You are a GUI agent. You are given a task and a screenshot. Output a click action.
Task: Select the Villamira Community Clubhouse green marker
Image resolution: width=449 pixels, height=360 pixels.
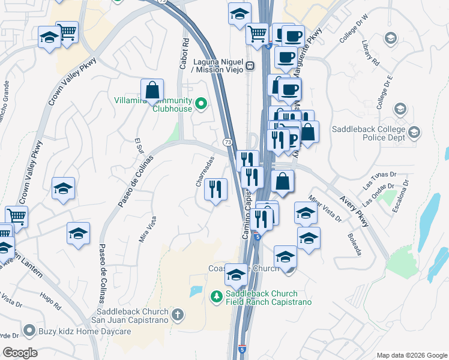click(x=202, y=105)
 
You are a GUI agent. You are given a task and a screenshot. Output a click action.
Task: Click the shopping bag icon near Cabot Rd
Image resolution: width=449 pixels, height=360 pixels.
click(x=152, y=90)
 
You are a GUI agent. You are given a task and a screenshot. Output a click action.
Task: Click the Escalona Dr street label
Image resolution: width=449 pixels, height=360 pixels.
click(x=399, y=199)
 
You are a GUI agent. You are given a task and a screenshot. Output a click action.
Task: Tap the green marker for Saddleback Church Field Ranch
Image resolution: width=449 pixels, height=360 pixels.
click(x=216, y=296)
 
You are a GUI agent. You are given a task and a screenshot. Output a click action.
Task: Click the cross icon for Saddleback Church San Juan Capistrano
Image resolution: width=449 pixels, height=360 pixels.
click(x=177, y=314)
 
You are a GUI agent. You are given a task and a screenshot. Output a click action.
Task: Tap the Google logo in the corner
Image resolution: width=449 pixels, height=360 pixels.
click(x=20, y=353)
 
